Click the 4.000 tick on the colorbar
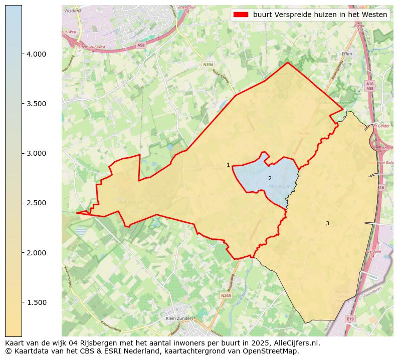(x=23, y=54)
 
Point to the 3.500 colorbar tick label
(x=36, y=104)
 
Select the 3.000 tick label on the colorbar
(x=36, y=153)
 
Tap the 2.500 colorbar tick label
(x=36, y=203)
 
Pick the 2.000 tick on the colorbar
(x=23, y=252)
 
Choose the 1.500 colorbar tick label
(x=36, y=302)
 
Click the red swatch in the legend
(x=241, y=15)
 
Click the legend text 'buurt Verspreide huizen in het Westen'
(x=320, y=15)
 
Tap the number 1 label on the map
(x=228, y=165)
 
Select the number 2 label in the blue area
(x=270, y=178)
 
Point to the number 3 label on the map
(x=327, y=223)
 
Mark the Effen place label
(x=347, y=54)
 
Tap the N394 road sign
(x=208, y=65)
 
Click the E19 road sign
(x=350, y=318)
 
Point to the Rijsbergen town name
(x=280, y=186)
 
